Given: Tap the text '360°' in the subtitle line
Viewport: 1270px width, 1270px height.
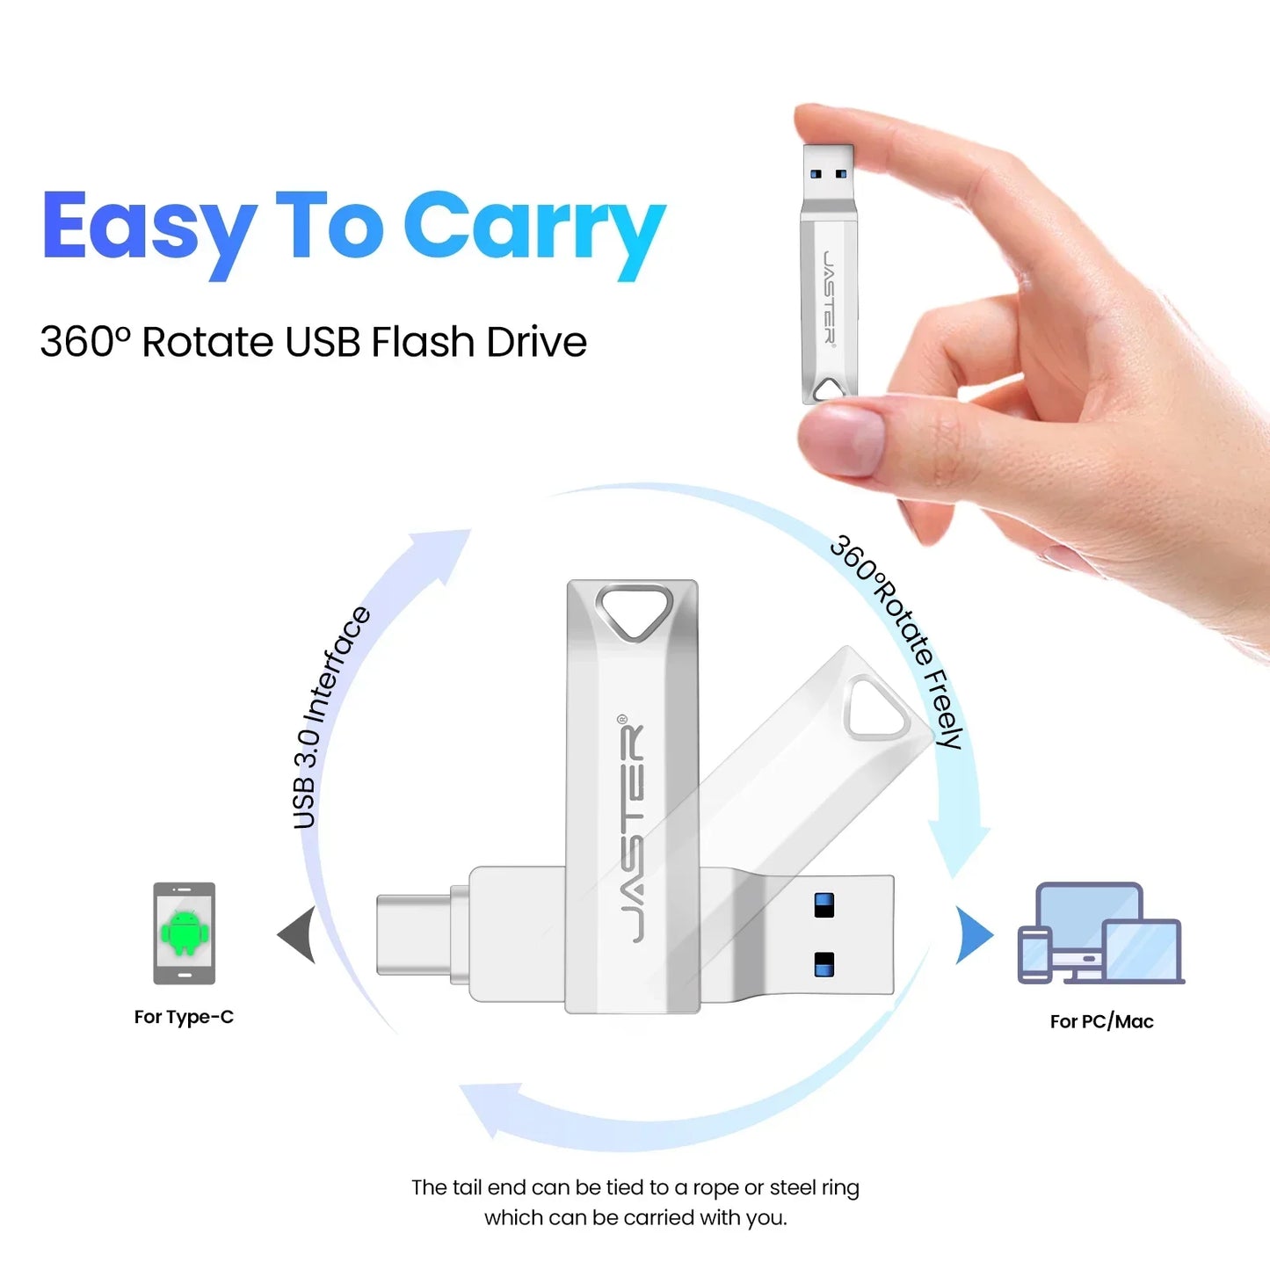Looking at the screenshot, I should [x=84, y=342].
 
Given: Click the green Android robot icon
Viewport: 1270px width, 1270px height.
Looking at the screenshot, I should [x=185, y=933].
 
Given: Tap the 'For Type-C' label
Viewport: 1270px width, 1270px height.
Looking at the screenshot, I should [x=184, y=1017].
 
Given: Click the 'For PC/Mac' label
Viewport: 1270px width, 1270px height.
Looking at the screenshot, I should [x=1101, y=1021].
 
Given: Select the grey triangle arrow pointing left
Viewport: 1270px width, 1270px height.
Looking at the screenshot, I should [x=298, y=934].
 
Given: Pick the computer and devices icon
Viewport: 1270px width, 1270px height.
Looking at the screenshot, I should [x=1100, y=934].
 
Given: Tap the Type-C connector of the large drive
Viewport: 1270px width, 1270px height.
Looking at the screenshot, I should [x=413, y=934].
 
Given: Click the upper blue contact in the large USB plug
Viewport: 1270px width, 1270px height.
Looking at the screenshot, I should [x=824, y=905].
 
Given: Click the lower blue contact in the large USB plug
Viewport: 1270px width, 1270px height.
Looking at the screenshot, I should [x=824, y=963].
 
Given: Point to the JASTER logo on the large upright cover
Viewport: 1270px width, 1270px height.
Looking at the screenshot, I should [x=634, y=831].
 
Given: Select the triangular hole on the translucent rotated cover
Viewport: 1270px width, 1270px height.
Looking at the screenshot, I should [x=875, y=710].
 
